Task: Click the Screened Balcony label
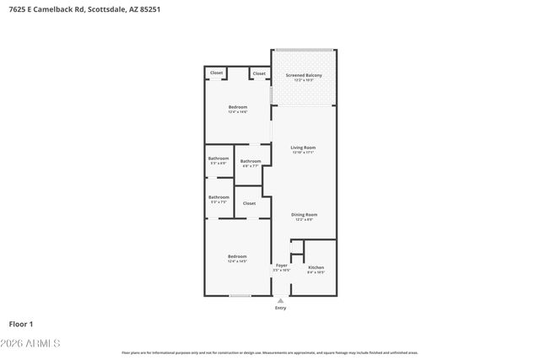304,76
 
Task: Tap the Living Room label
303,148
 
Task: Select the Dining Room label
304,215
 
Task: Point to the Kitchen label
316,267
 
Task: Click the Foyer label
282,266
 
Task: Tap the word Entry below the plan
281,308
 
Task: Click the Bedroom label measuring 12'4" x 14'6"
237,107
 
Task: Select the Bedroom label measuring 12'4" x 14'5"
237,256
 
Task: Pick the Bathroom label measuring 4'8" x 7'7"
251,161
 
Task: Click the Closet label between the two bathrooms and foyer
250,203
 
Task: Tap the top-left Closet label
217,73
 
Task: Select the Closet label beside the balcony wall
259,73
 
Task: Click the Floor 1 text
20,324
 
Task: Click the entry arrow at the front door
281,299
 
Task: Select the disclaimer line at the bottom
270,352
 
